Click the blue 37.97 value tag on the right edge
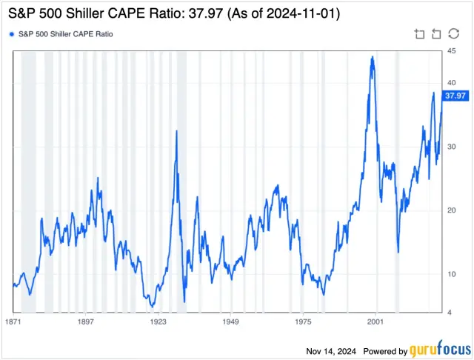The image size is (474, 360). pyautogui.click(x=454, y=96)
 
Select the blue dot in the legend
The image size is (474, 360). pyautogui.click(x=11, y=34)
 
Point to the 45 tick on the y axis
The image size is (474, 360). pyautogui.click(x=450, y=50)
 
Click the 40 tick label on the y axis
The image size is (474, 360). pyautogui.click(x=450, y=82)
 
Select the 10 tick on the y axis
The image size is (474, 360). pyautogui.click(x=450, y=273)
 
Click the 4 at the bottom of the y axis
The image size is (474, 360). pyautogui.click(x=448, y=312)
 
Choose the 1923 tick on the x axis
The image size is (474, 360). pyautogui.click(x=158, y=323)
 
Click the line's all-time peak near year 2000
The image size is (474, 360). pyautogui.click(x=372, y=57)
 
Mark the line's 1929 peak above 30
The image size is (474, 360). pyautogui.click(x=176, y=131)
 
